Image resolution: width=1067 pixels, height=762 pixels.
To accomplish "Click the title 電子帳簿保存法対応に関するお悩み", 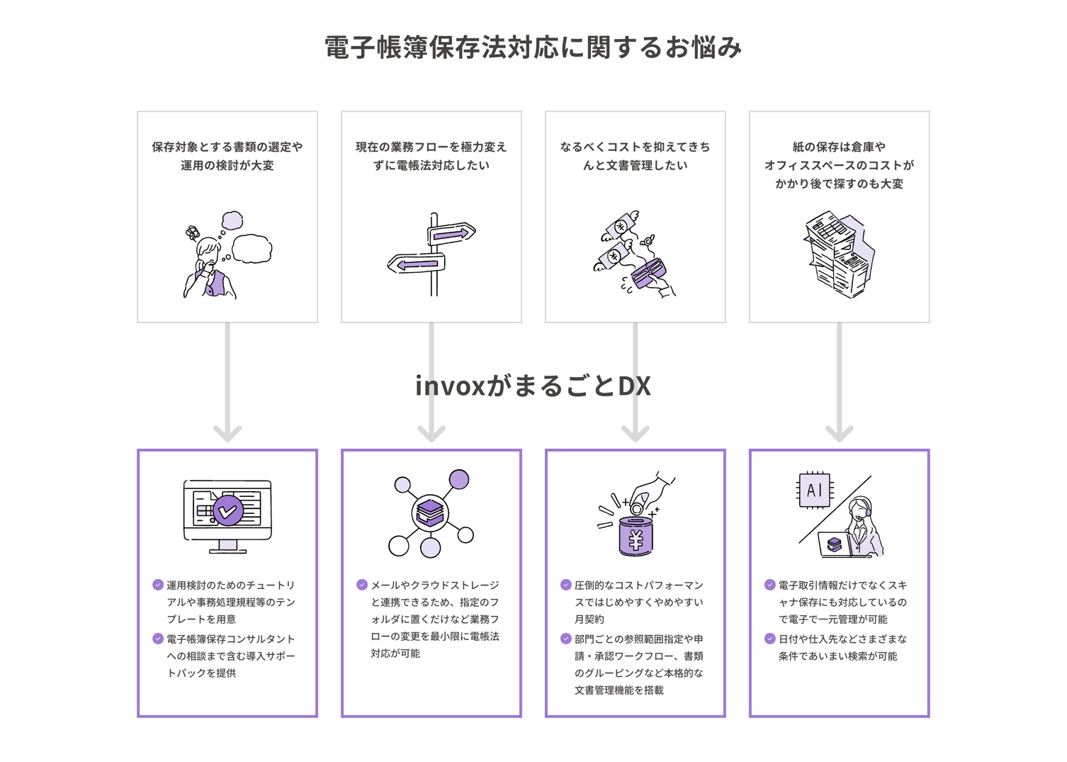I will click(x=533, y=47).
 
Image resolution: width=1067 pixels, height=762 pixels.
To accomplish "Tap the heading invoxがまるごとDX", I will click(x=533, y=386).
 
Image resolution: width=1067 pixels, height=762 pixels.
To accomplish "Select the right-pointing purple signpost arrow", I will click(x=451, y=233).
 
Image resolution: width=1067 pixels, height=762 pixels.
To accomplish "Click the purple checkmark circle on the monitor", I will click(x=228, y=510).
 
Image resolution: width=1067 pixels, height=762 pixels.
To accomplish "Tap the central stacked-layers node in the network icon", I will click(x=430, y=512).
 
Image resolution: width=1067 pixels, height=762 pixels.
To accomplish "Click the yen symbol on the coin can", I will click(x=636, y=540).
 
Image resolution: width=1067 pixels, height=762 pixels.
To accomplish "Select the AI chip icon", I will click(x=815, y=490).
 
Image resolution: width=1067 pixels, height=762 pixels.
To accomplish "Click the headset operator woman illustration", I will click(x=862, y=528).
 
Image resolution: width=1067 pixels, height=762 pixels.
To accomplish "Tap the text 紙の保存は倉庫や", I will click(x=839, y=147).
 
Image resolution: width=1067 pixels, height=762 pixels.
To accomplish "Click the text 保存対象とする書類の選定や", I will click(x=227, y=147).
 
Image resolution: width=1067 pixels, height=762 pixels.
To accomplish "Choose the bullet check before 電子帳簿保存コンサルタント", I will click(x=158, y=639).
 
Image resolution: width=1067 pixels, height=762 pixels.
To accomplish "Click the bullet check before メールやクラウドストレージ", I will click(x=362, y=585).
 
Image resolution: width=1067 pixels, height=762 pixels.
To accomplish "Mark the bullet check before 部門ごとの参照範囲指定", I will click(x=566, y=639).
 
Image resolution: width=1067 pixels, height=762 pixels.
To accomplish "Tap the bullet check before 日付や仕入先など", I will click(x=770, y=639).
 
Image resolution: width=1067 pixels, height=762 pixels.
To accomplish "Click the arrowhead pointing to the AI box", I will click(x=839, y=432).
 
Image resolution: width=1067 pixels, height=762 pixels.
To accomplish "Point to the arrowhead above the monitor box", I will click(x=227, y=432).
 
